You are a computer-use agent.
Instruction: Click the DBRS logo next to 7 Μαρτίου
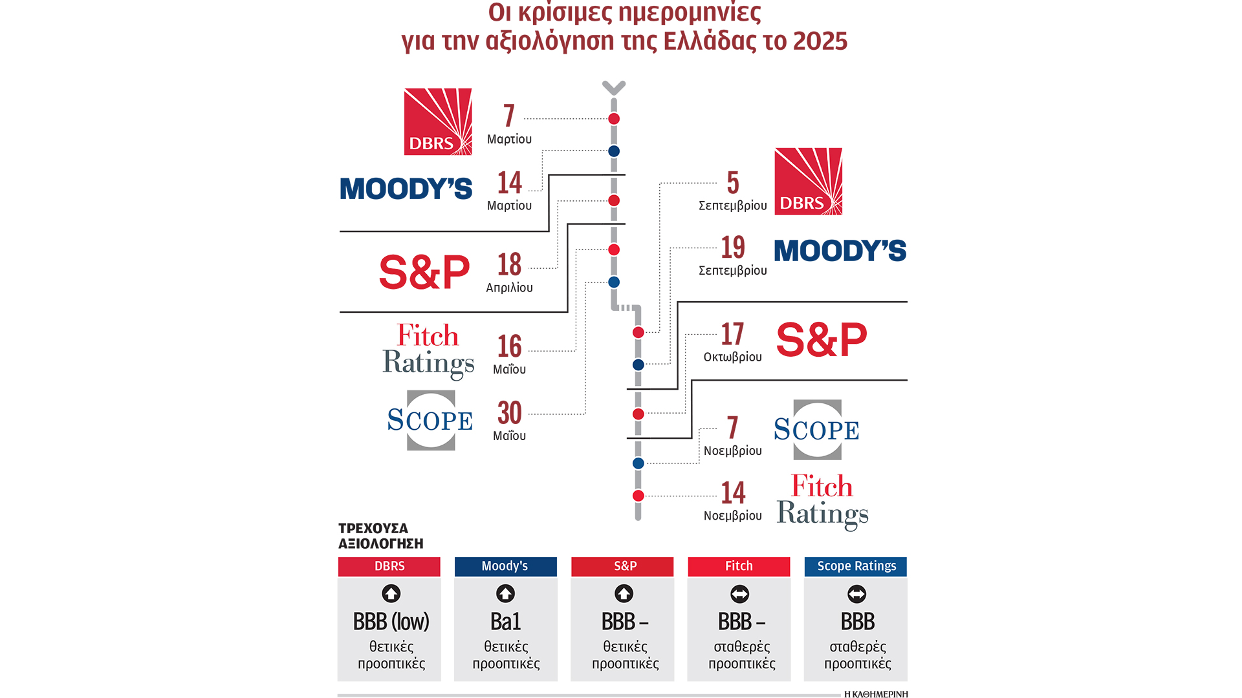pos(438,122)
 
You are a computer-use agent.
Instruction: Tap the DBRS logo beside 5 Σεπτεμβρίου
pos(808,182)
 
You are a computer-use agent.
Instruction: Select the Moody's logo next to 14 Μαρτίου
pos(406,189)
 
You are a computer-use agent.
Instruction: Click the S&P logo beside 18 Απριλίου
pos(424,272)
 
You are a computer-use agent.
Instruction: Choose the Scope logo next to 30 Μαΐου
pos(430,420)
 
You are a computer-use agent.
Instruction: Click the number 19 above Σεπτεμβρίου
pos(733,248)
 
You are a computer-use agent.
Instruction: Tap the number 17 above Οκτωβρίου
pos(732,335)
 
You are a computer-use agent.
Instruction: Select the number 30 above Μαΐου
pos(510,413)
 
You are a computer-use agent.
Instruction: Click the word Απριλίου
pos(510,288)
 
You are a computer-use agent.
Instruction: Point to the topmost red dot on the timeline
pos(614,119)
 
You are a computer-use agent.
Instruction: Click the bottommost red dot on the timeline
pos(638,496)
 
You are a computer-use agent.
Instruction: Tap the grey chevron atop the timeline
pos(614,87)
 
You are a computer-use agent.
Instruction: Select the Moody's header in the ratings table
pos(505,566)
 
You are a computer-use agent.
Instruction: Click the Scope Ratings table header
pos(856,566)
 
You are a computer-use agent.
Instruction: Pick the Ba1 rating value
pos(505,622)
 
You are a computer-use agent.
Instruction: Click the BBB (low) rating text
pos(391,622)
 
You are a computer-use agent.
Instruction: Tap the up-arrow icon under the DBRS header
pos(391,593)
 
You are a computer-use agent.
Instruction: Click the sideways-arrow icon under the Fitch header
pos(739,594)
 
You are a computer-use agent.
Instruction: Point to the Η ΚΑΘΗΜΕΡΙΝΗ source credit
pos(876,694)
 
